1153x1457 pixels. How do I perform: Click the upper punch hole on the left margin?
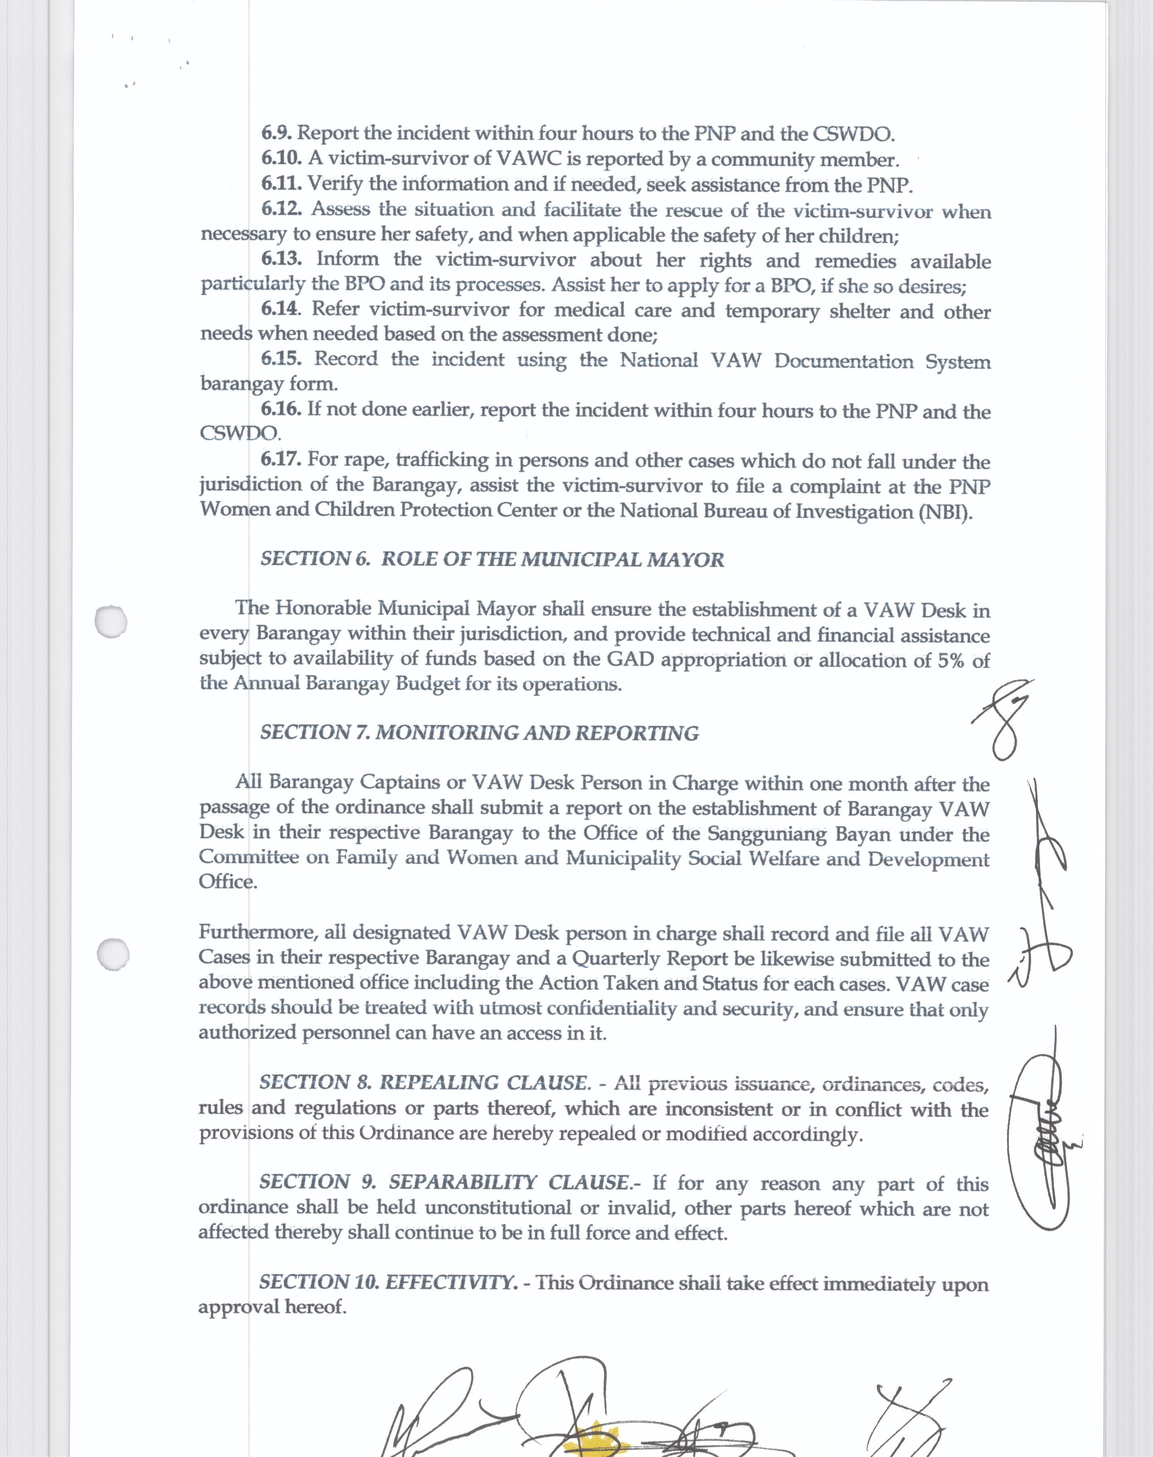[111, 621]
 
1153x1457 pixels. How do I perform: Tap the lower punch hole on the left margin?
[113, 954]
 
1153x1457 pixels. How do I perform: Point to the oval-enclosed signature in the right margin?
[1040, 1141]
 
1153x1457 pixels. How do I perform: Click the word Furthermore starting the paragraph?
[258, 932]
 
